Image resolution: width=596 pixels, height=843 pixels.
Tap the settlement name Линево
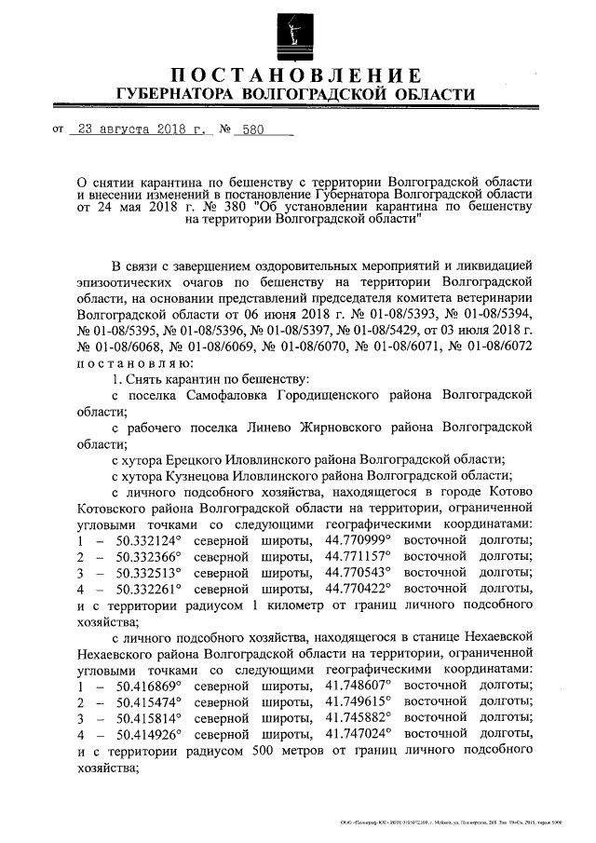pos(286,428)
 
